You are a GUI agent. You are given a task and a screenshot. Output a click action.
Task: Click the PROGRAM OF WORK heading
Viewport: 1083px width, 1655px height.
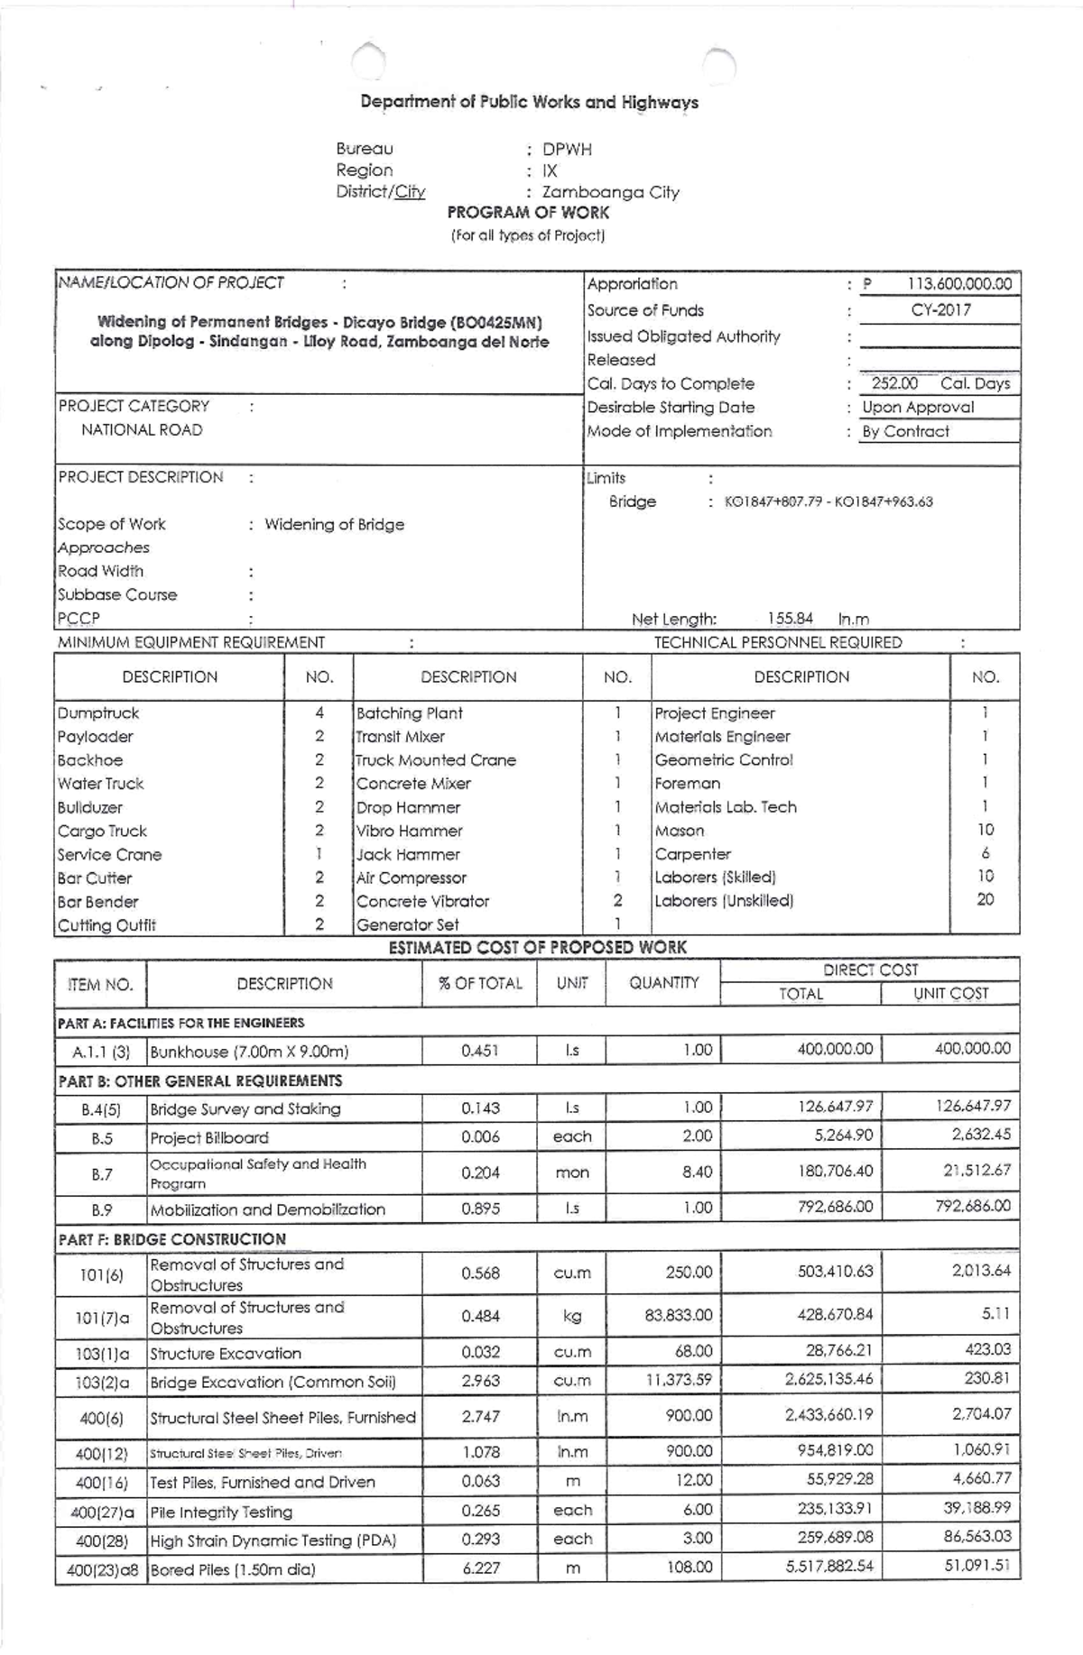[528, 213]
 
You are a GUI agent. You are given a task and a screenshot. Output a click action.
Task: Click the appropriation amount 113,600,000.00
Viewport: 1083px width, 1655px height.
[959, 284]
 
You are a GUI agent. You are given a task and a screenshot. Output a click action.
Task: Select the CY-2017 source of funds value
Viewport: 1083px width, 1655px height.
[940, 310]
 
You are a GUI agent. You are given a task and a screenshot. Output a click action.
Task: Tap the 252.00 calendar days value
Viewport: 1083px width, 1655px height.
[894, 383]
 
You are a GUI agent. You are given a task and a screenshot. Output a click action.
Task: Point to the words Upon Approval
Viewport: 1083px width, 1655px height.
[918, 407]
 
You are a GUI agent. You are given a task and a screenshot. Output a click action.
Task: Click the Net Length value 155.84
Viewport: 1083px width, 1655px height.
[790, 619]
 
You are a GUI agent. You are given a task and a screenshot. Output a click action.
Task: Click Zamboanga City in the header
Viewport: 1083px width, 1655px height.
[610, 192]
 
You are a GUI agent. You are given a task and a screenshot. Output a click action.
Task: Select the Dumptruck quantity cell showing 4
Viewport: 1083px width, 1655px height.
[319, 713]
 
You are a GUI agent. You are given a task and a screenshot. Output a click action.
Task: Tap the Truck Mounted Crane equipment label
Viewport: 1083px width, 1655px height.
[436, 760]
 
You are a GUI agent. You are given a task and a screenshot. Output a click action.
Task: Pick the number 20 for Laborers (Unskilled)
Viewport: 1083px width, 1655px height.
[985, 899]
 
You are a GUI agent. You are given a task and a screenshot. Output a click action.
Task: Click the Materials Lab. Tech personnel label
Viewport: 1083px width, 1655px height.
[726, 807]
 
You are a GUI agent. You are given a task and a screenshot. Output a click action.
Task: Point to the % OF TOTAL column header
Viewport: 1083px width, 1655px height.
[480, 983]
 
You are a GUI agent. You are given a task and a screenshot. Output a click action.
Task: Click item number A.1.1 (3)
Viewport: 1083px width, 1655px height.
[101, 1052]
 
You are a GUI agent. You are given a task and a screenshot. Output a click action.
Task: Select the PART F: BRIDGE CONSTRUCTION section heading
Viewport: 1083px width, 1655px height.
[171, 1239]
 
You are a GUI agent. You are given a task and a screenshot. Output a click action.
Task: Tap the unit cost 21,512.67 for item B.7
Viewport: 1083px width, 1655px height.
[977, 1170]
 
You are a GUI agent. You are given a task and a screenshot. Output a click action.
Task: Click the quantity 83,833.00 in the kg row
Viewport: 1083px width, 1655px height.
[678, 1315]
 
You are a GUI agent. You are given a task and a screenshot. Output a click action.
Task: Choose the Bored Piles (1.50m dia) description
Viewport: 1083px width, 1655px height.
[233, 1569]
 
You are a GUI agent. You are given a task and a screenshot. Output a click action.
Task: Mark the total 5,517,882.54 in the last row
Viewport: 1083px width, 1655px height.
[828, 1566]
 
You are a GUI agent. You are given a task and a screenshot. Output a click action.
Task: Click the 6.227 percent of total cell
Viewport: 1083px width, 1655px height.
[480, 1568]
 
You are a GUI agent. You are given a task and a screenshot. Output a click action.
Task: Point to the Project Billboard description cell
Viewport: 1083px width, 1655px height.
[209, 1138]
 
